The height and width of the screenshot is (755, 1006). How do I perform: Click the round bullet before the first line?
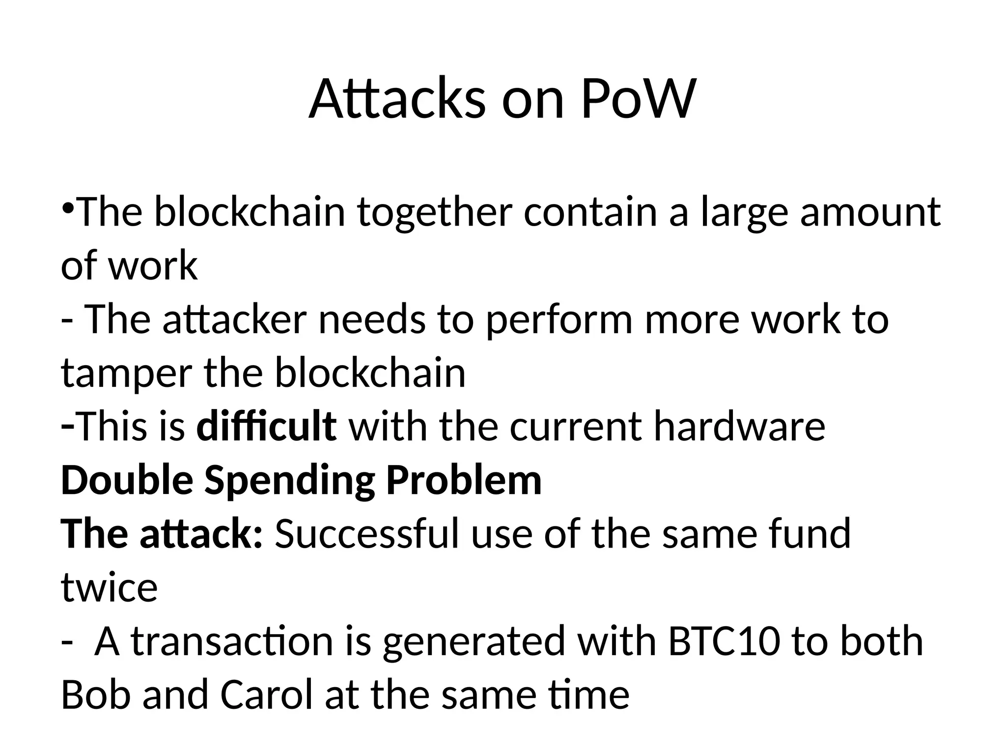pos(68,207)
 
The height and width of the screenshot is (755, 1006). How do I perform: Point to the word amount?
pos(870,212)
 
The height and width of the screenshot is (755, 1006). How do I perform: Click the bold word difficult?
pos(266,426)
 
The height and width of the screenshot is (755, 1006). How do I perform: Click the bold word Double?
pos(127,480)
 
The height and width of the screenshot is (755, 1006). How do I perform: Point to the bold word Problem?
pos(464,480)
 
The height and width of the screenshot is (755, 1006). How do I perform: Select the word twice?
pos(109,587)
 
